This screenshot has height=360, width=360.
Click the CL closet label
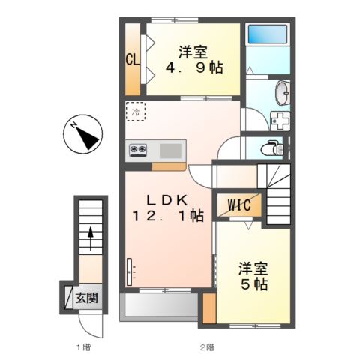[x=132, y=60]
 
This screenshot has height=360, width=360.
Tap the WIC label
[x=239, y=205]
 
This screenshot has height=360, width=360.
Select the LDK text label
[x=167, y=199]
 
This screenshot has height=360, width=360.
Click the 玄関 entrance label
[x=86, y=298]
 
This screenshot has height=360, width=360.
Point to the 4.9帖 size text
[x=194, y=67]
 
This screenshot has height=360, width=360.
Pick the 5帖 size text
[x=254, y=284]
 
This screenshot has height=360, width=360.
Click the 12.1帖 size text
[x=168, y=216]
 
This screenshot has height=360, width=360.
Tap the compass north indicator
[x=82, y=134]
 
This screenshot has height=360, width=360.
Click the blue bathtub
[x=268, y=34]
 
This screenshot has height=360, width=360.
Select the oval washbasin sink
[x=283, y=92]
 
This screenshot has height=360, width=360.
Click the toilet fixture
[x=271, y=148]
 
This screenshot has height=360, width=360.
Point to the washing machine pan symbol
[x=280, y=121]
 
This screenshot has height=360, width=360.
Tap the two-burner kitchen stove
[x=138, y=150]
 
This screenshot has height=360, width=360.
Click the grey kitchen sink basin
[x=170, y=151]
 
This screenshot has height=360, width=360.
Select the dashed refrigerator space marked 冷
[x=135, y=112]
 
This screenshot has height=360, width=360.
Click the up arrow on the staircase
[x=91, y=238]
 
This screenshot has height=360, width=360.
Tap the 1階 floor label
[x=83, y=347]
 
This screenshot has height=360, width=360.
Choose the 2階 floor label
[x=207, y=347]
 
